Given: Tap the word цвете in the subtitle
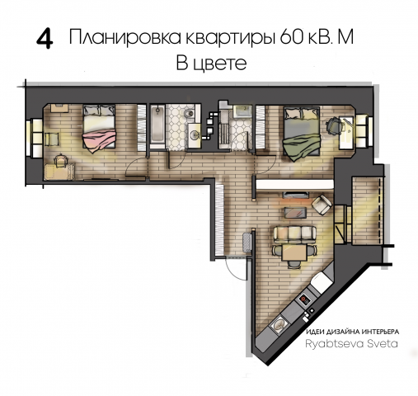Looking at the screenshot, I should pos(222,64).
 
